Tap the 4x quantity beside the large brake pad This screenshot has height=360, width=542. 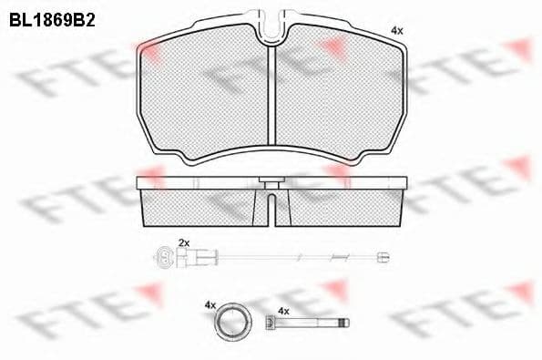(x=396, y=30)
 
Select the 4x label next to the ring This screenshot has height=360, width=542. (x=209, y=305)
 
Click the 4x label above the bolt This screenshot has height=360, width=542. (x=282, y=311)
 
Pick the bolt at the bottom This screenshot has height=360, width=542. (x=306, y=324)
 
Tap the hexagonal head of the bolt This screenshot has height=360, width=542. (x=270, y=324)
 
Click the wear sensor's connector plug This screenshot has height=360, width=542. (x=166, y=255)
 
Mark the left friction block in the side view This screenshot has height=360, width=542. (x=205, y=206)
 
